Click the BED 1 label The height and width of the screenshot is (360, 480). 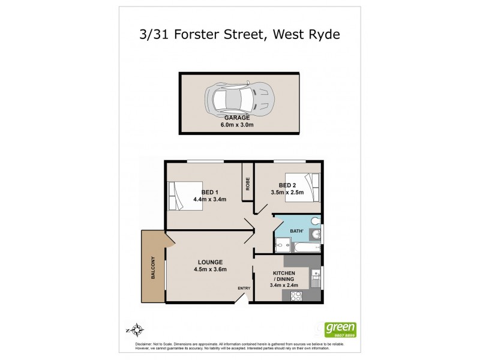[209, 192]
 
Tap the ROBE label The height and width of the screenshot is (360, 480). [247, 184]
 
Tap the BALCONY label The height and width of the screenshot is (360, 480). [154, 267]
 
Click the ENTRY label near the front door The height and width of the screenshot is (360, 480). [244, 289]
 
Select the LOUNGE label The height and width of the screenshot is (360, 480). [208, 262]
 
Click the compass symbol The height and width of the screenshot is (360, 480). [137, 329]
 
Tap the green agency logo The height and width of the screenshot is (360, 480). [340, 329]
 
